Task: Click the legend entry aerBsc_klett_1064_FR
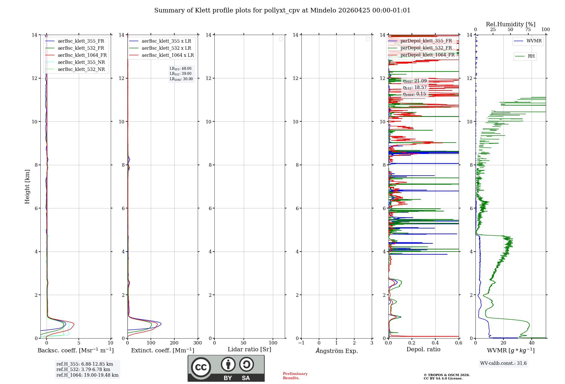82,55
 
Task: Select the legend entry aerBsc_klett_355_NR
81,62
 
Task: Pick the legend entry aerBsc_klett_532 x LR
166,48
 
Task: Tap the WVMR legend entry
534,41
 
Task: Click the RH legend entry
531,56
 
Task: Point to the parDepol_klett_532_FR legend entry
426,48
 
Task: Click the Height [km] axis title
27,187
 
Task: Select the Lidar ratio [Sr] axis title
249,350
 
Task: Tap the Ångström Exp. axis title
336,351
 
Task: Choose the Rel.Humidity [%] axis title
510,24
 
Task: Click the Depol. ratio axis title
423,350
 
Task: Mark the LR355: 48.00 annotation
181,69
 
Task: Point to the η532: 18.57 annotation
415,88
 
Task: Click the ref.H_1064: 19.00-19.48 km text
87,375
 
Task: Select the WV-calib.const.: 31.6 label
503,363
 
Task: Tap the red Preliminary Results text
295,376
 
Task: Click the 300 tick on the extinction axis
197,343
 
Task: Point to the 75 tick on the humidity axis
528,30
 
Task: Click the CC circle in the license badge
201,367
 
